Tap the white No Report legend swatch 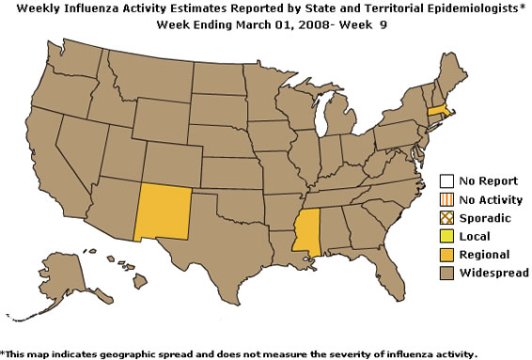[447, 182]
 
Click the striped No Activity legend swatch [447, 200]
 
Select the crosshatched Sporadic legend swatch [447, 218]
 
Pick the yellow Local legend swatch [447, 236]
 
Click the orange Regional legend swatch [447, 254]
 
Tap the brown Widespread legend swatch [447, 273]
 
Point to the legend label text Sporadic [485, 218]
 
